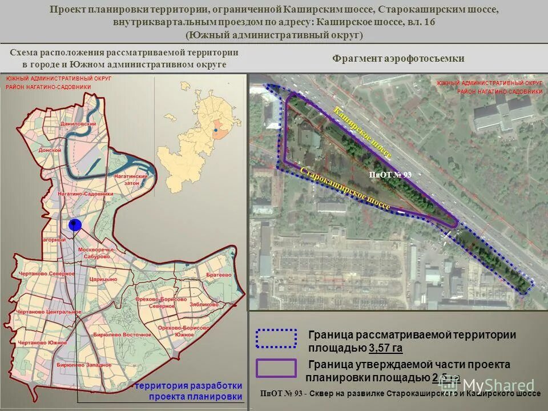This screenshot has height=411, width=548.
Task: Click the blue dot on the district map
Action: click(74, 225)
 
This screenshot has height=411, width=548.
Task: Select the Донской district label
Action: click(50, 150)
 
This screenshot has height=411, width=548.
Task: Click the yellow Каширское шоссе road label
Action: click(362, 132)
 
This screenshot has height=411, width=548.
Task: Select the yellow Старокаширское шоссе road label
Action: click(345, 188)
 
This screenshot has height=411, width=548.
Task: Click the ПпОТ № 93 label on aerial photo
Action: click(390, 175)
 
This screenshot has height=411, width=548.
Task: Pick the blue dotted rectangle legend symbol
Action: click(276, 339)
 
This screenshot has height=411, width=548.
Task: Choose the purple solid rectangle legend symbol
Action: click(276, 368)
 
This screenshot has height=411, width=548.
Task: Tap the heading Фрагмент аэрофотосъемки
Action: click(398, 58)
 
